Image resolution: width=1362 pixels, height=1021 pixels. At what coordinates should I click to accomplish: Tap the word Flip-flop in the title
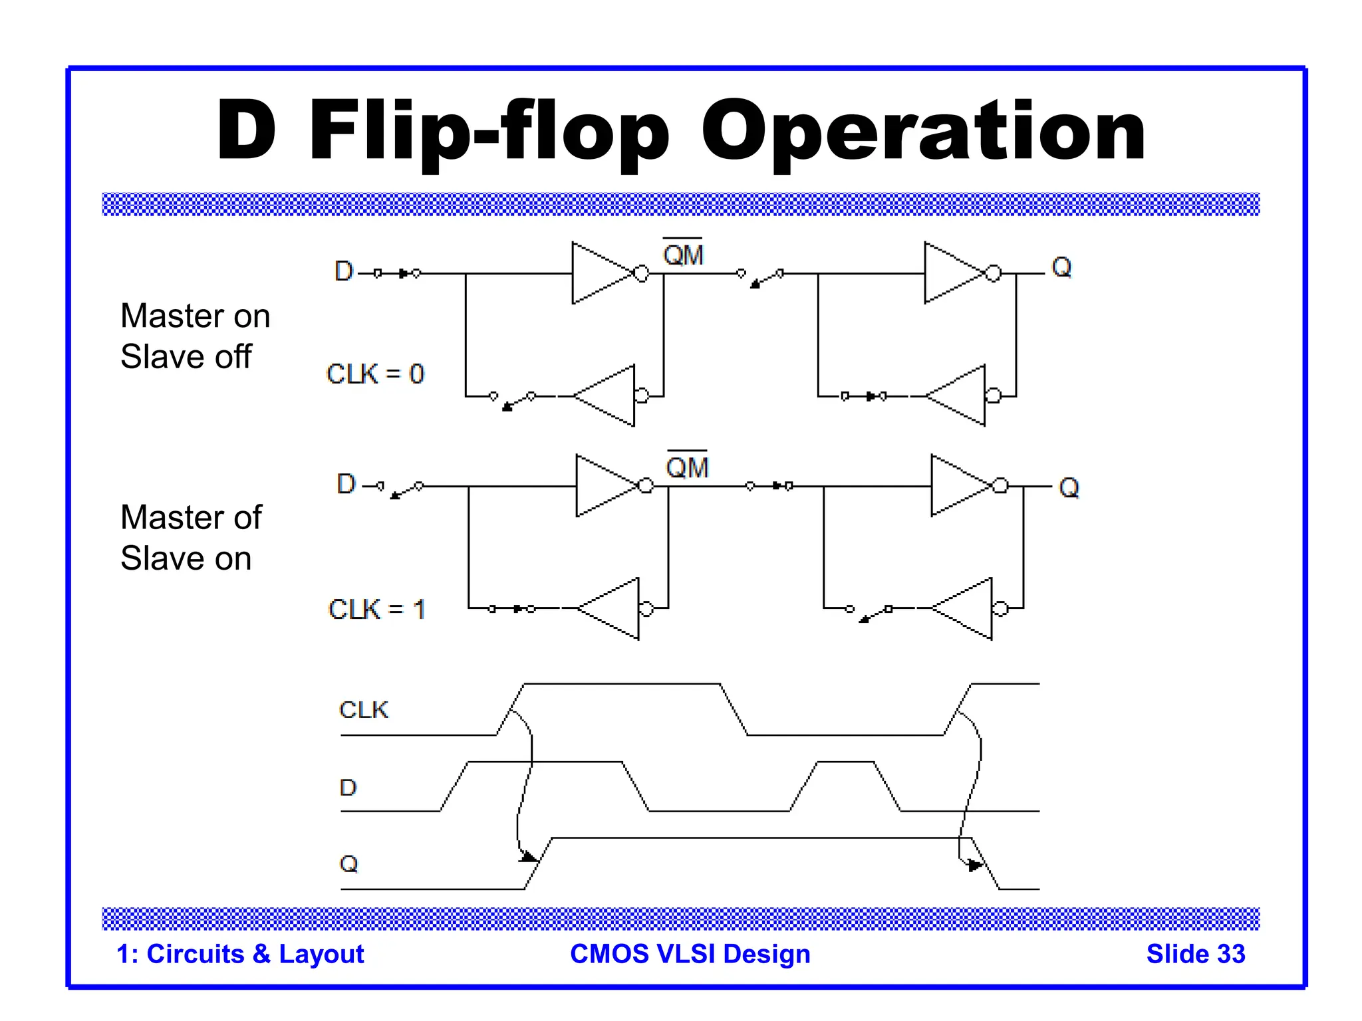point(489,131)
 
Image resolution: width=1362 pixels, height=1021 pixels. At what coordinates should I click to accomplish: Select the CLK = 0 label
point(375,374)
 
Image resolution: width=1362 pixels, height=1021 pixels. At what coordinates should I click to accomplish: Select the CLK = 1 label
point(377,609)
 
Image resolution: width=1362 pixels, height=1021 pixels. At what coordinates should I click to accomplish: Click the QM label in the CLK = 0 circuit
point(683,254)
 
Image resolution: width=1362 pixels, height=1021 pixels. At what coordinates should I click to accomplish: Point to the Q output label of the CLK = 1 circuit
point(1069,487)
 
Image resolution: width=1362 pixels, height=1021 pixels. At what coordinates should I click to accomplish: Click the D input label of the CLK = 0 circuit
point(344,271)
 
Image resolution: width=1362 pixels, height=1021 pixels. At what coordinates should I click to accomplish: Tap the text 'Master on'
point(195,316)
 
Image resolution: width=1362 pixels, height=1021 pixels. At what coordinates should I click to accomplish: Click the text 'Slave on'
point(186,558)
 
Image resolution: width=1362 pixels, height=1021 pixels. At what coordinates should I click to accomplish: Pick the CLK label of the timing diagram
point(363,710)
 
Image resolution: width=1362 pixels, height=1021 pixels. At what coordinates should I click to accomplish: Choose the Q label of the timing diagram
point(348,863)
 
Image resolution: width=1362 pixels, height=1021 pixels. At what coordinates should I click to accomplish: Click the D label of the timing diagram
point(348,788)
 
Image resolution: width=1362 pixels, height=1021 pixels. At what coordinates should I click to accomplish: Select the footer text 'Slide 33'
point(1195,954)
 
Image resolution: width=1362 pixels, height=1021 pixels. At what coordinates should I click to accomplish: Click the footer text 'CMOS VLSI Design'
point(690,954)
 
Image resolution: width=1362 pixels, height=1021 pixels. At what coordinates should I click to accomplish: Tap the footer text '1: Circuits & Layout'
point(240,954)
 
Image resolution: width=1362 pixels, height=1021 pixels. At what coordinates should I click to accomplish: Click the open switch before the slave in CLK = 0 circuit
point(761,278)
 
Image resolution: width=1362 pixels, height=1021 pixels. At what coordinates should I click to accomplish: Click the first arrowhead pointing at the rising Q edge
point(529,857)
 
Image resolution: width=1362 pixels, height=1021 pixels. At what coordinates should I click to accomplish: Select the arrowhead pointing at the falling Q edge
point(974,865)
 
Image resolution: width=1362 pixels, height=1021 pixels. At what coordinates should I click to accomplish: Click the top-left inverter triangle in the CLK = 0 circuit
point(599,273)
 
